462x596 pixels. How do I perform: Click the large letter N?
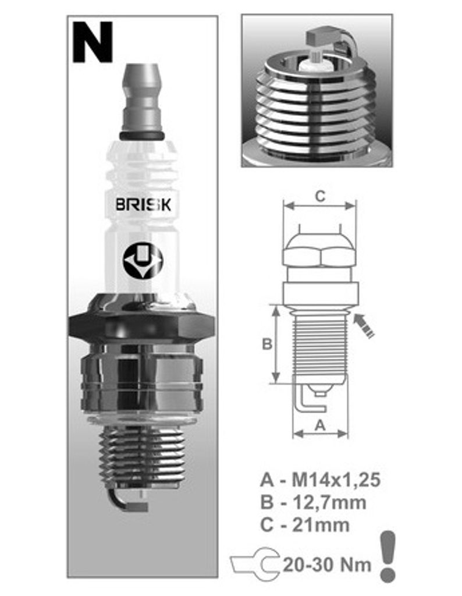(93, 42)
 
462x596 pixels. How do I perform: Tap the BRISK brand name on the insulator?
(143, 205)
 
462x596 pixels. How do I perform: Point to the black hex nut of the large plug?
(141, 326)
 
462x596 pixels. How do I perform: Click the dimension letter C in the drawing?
(320, 196)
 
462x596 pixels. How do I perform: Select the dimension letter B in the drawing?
(266, 343)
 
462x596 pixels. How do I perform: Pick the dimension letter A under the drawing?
(320, 424)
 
